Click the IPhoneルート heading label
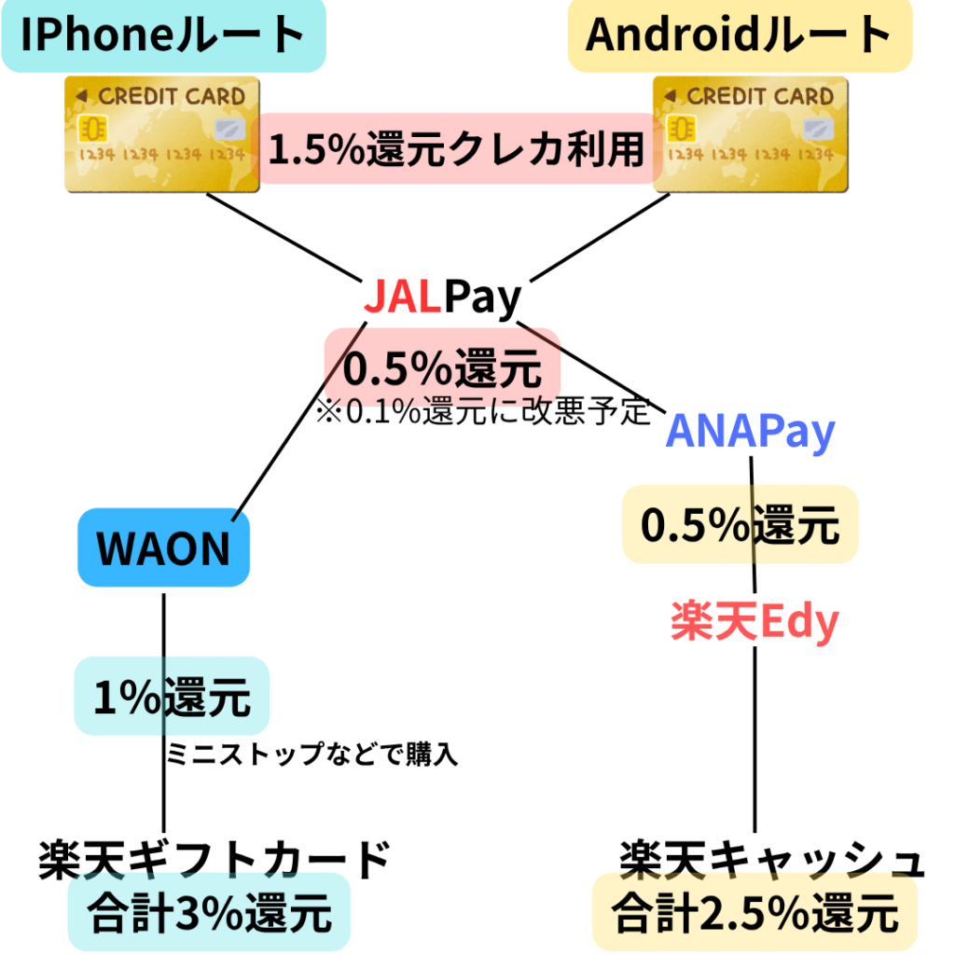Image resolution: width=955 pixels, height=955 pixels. (x=163, y=35)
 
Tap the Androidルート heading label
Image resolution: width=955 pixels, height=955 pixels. (x=740, y=35)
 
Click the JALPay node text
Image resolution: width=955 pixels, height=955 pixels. (x=441, y=298)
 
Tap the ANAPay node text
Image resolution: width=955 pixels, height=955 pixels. (x=751, y=433)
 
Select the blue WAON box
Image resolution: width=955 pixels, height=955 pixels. (x=163, y=547)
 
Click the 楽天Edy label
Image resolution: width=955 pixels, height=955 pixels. (x=754, y=622)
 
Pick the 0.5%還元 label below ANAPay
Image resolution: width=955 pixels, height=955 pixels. (x=740, y=525)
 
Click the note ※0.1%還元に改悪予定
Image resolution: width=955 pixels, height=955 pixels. (x=483, y=412)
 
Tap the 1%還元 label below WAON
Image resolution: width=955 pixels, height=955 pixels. (x=172, y=696)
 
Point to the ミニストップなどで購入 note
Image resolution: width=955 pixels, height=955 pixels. (x=312, y=754)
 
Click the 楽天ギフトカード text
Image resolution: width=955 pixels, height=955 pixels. (x=214, y=860)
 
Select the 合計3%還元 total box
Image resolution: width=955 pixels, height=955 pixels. (x=209, y=913)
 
